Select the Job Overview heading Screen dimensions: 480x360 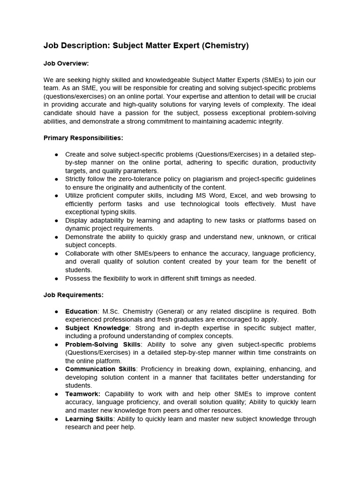pyautogui.click(x=66, y=63)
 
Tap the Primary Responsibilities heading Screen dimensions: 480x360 pyautogui.click(x=83, y=138)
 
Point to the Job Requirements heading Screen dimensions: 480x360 pyautogui.click(x=74, y=295)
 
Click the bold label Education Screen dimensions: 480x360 pyautogui.click(x=81, y=311)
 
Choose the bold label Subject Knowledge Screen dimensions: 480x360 pyautogui.click(x=97, y=328)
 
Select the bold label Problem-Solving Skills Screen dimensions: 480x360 pyautogui.click(x=103, y=345)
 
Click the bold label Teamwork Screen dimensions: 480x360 pyautogui.click(x=83, y=394)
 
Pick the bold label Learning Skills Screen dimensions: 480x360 pyautogui.click(x=89, y=419)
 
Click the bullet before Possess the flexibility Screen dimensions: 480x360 pyautogui.click(x=57, y=278)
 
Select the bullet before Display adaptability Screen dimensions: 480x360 pyautogui.click(x=57, y=220)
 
